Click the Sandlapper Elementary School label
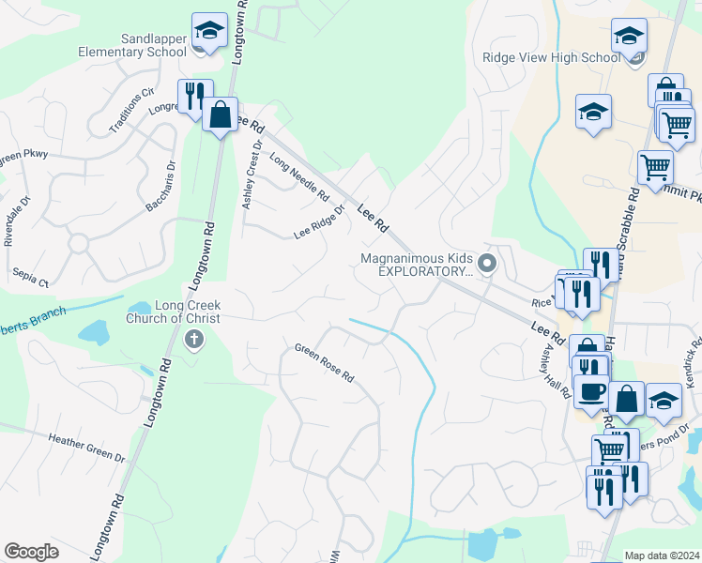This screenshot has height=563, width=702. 154,45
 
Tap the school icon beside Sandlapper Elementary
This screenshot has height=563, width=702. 210,32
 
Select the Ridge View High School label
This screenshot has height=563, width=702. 551,57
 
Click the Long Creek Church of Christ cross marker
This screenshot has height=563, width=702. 194,339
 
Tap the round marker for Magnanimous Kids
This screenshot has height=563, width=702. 486,264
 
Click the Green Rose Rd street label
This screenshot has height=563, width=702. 324,363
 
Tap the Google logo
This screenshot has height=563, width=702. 31,552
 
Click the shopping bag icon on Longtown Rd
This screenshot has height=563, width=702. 220,116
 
